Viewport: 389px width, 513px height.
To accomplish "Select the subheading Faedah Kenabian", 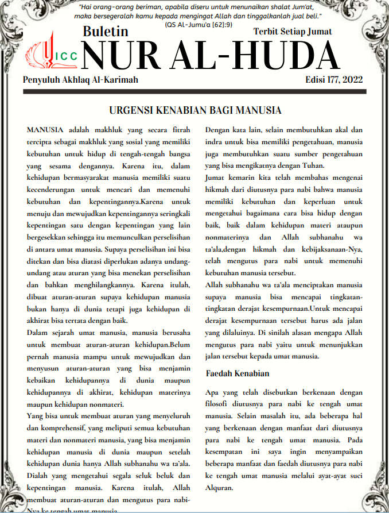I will click(237, 373).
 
